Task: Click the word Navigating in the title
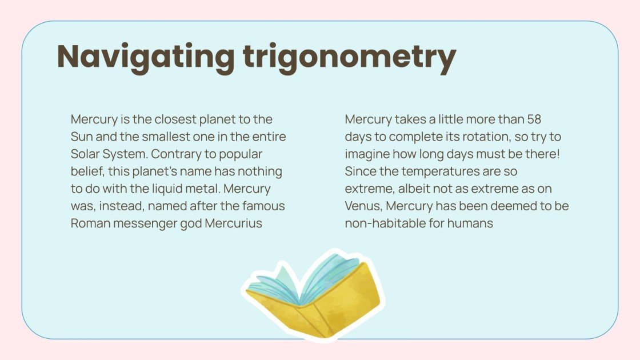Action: click(146, 56)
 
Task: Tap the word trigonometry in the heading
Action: click(349, 57)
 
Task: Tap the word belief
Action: click(86, 171)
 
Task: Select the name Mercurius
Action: click(233, 223)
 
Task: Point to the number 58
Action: click(534, 120)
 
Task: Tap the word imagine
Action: click(366, 154)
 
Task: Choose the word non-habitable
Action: click(385, 223)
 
